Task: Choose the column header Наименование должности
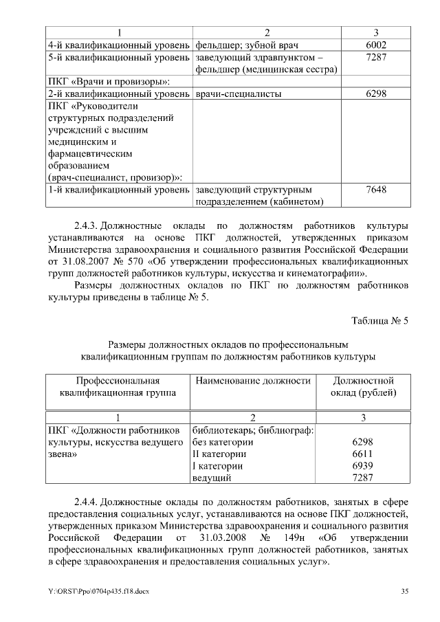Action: click(x=253, y=380)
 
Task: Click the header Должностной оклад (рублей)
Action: click(x=363, y=386)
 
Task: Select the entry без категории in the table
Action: click(x=223, y=443)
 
